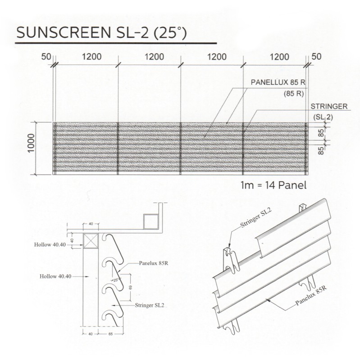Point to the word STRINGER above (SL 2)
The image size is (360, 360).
(328, 106)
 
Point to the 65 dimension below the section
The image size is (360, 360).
(109, 334)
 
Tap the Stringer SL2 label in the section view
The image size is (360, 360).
(149, 305)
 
